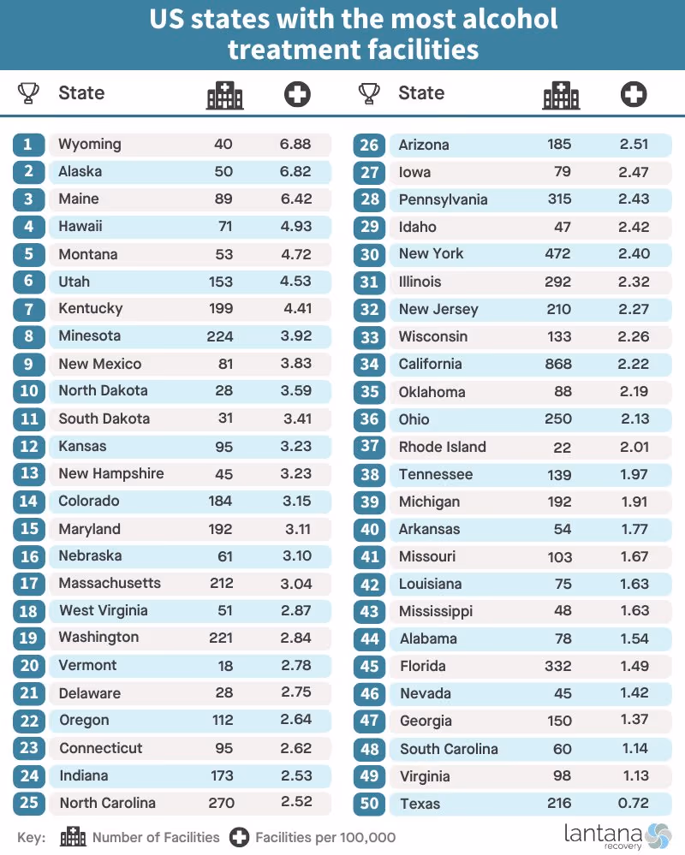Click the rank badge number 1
tap(29, 145)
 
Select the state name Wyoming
tap(90, 145)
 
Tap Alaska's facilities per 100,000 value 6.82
tap(295, 171)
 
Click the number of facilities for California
tap(558, 364)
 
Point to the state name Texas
tap(420, 803)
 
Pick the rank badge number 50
tap(369, 803)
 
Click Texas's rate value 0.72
tap(633, 803)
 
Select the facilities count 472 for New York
tap(557, 253)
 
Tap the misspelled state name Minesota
tap(89, 335)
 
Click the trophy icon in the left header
tap(28, 92)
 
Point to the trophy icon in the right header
tap(369, 93)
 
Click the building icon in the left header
tap(224, 95)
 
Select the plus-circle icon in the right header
tap(634, 94)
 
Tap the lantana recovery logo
tap(617, 836)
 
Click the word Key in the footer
tap(32, 838)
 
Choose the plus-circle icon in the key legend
tap(239, 838)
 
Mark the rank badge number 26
tap(369, 145)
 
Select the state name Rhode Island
tap(443, 447)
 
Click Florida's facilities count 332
tap(558, 666)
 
